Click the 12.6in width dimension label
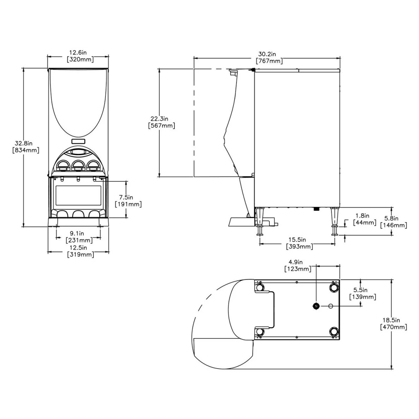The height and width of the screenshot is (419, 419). [x=78, y=56]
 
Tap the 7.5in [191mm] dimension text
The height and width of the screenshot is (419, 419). [x=128, y=201]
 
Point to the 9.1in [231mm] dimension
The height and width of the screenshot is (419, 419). [x=79, y=237]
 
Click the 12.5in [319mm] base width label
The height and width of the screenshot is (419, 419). [x=79, y=251]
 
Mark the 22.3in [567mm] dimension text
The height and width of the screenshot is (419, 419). [x=161, y=122]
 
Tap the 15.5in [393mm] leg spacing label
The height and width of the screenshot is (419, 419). [x=299, y=243]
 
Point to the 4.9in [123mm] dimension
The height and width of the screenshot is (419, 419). [x=298, y=265]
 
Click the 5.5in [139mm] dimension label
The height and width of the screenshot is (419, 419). [x=363, y=293]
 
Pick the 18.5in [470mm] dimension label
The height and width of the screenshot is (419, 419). [x=394, y=323]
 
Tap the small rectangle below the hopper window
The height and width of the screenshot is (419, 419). [x=78, y=141]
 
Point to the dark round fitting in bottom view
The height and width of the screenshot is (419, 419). [x=316, y=306]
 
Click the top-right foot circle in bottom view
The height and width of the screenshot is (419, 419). [x=334, y=287]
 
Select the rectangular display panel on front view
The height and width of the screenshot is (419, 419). [x=78, y=195]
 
